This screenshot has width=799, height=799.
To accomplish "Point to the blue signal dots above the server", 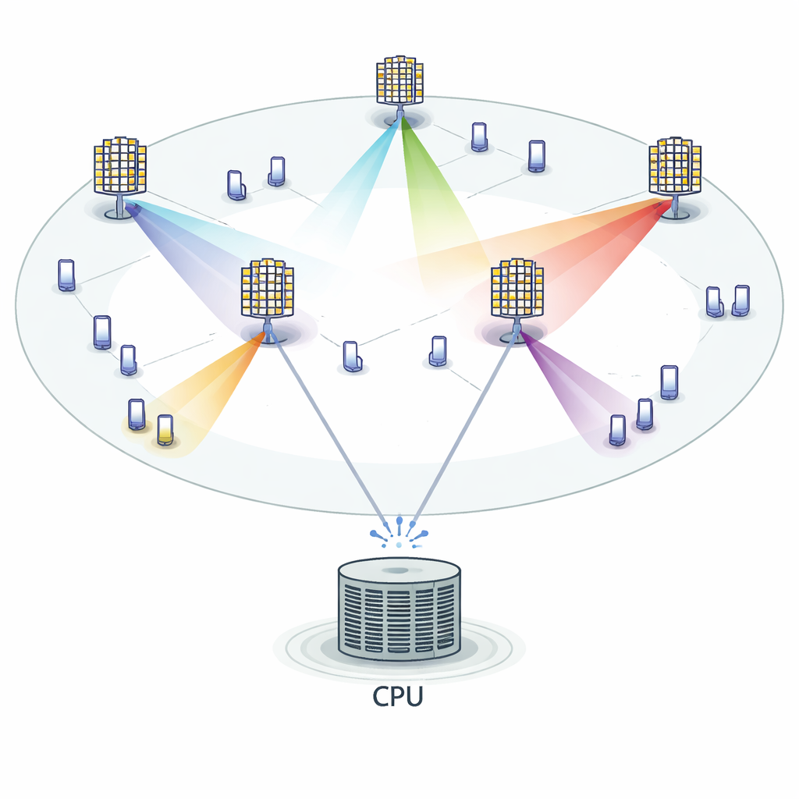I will [x=399, y=531].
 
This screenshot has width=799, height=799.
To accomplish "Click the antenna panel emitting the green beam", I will [x=399, y=80].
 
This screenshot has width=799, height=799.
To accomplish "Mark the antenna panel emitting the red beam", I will [x=675, y=165].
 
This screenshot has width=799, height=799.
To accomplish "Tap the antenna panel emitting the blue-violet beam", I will [x=120, y=166].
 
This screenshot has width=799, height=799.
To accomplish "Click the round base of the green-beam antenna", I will [x=399, y=119].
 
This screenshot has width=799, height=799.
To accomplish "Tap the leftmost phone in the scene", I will [x=66, y=275].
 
